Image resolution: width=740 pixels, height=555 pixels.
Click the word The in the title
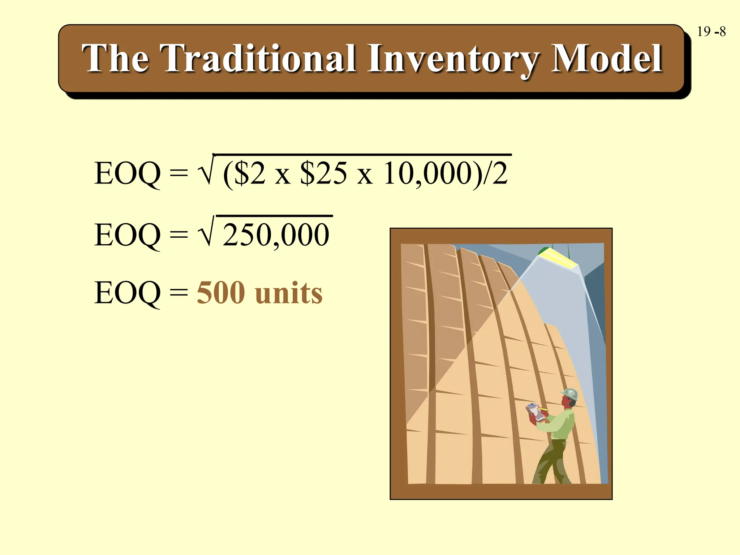coord(115,59)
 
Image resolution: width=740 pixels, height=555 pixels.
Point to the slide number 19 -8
coord(711,32)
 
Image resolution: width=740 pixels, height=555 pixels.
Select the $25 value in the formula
coord(323,174)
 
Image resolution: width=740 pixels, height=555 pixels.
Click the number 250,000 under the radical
coord(276,235)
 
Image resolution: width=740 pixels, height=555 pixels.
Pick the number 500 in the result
coord(221,293)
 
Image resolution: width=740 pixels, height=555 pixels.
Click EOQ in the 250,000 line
coord(127,235)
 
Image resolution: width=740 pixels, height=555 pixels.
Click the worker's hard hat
coord(571,393)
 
